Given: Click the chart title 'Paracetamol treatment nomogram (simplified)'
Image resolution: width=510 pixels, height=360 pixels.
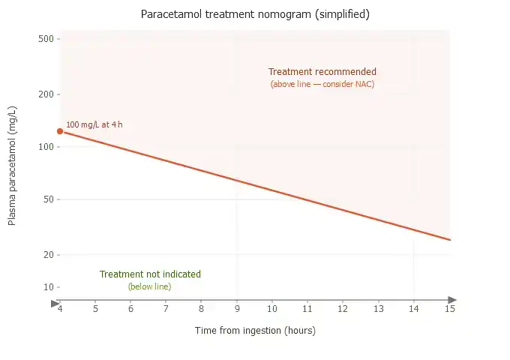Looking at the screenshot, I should (255, 14).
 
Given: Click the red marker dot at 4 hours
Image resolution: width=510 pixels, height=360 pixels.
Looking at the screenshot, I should (60, 131).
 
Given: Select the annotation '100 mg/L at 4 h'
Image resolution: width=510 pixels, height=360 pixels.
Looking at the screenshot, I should (94, 124).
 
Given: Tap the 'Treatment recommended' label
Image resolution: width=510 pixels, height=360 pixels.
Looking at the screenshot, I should (322, 72).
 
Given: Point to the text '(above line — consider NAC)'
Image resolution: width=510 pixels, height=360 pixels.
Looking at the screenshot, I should (322, 84).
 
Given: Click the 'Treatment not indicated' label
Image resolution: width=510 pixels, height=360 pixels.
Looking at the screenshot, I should (150, 274).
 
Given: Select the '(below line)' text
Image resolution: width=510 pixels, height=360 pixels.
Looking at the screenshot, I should (150, 286).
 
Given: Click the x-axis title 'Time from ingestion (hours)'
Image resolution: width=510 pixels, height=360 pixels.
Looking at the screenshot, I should (255, 331).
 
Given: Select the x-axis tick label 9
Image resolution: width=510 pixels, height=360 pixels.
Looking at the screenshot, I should (237, 308).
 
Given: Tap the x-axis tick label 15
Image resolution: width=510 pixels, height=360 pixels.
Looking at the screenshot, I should (450, 308).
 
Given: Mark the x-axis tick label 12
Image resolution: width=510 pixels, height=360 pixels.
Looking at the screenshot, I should (343, 308).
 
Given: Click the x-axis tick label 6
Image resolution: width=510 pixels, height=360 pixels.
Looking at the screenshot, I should (130, 308).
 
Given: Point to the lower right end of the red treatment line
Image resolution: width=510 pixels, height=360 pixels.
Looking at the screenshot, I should (450, 240).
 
